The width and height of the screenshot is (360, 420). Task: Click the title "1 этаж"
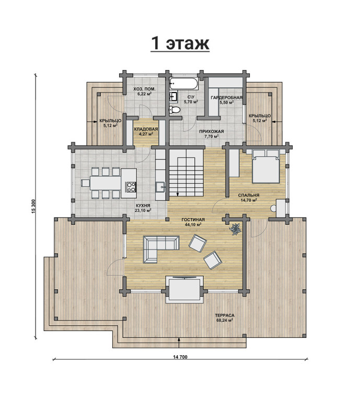tap(180, 43)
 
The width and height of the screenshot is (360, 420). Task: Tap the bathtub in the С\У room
tap(183, 84)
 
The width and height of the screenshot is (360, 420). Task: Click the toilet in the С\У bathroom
tap(175, 109)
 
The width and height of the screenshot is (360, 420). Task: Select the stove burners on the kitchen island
tap(131, 187)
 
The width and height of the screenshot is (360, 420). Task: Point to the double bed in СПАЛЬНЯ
tap(266, 166)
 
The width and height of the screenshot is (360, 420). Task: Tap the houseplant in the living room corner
tap(235, 229)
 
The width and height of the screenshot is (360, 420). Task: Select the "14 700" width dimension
tap(180, 357)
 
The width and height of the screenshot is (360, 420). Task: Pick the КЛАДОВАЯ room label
tap(146, 129)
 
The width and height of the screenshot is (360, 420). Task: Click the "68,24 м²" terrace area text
tap(224, 320)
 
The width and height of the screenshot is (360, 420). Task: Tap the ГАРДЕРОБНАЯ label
tap(226, 98)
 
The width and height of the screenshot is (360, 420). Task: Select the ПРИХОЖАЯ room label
tap(212, 131)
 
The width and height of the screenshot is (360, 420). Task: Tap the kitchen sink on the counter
tap(160, 187)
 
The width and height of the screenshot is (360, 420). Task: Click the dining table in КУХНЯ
tap(105, 183)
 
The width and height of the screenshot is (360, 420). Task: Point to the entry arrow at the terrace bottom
tap(179, 342)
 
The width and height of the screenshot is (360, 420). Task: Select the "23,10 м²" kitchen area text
tap(143, 211)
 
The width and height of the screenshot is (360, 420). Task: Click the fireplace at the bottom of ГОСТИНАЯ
tap(184, 289)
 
